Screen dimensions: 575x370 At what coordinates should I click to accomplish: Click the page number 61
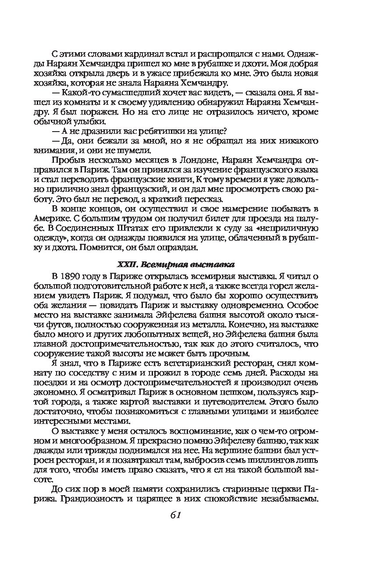174,515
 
